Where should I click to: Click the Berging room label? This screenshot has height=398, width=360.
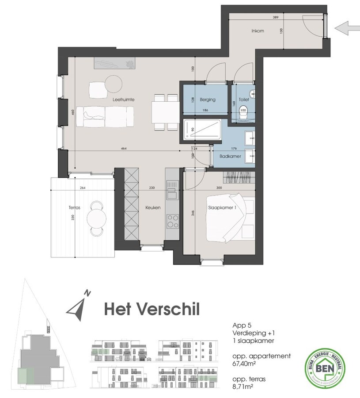[207, 99]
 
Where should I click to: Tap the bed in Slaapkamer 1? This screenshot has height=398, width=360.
[230, 219]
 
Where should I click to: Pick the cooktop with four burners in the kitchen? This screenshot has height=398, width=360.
[171, 219]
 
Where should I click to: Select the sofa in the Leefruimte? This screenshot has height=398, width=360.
[105, 117]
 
